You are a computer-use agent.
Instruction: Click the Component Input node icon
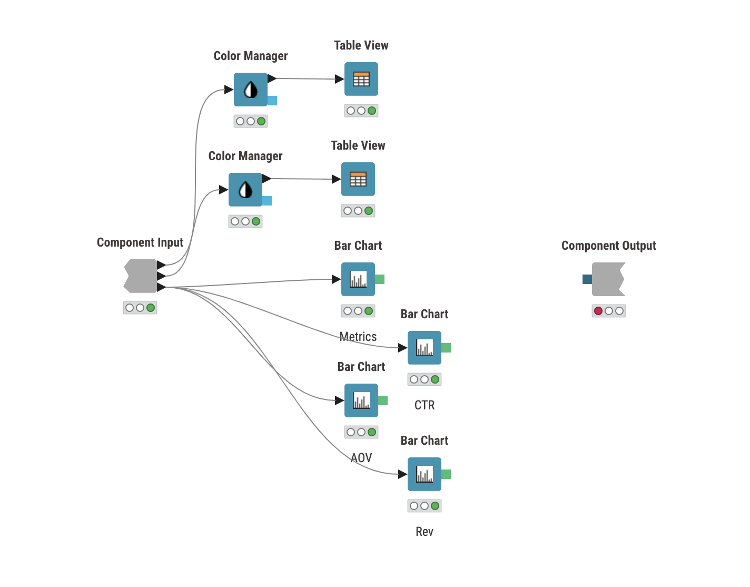click(141, 276)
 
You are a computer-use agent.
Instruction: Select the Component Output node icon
click(608, 279)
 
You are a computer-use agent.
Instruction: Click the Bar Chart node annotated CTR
click(425, 348)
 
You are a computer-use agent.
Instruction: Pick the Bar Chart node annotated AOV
click(361, 400)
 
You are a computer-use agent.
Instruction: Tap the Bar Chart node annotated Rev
click(425, 474)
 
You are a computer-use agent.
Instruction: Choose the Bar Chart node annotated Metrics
click(358, 279)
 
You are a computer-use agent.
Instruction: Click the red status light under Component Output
click(598, 311)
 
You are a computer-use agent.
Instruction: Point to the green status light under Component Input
click(151, 308)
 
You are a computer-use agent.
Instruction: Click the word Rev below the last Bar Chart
click(425, 532)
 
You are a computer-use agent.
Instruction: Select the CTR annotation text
click(425, 405)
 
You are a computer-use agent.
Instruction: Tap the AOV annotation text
click(361, 458)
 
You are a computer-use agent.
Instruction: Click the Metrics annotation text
click(358, 337)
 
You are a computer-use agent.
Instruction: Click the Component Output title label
click(608, 246)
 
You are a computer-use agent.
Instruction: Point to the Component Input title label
click(140, 242)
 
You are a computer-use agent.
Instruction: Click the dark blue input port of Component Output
click(587, 279)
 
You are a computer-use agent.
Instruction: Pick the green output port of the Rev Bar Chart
click(446, 474)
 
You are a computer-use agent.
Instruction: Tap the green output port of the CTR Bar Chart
click(446, 348)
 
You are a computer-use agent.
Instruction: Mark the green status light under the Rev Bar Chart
click(435, 506)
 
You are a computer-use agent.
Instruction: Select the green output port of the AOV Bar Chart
click(383, 400)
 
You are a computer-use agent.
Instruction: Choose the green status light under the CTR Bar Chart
click(435, 379)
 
